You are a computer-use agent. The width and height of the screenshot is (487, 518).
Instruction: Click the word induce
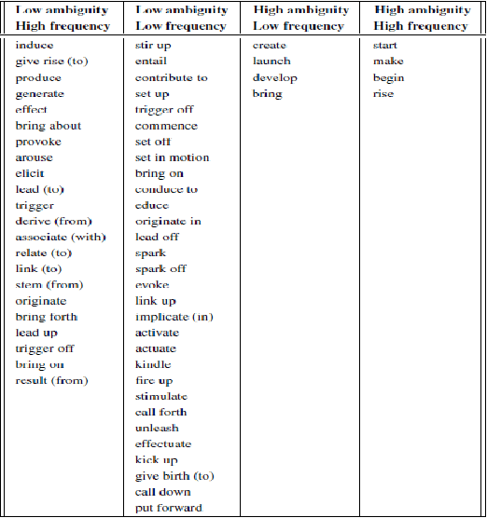[x=35, y=46]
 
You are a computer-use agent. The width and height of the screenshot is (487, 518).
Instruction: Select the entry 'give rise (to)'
[x=52, y=61]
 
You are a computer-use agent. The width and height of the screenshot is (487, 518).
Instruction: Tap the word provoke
[x=38, y=142]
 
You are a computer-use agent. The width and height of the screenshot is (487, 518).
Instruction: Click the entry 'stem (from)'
[x=49, y=285]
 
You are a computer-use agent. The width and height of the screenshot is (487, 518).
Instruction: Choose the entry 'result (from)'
[x=51, y=380]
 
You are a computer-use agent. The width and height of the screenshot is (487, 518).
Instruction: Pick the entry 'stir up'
[x=154, y=46]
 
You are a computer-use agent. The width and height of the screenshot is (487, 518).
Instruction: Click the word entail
[x=151, y=61]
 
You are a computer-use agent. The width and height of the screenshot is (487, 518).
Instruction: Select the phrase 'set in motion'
[x=172, y=157]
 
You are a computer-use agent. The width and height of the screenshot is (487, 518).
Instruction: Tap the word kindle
[x=153, y=364]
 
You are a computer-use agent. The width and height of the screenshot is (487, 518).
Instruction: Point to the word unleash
[x=157, y=428]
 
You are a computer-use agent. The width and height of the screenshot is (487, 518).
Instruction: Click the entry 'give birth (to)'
[x=174, y=476]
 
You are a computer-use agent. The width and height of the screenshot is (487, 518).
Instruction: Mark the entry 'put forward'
[x=168, y=508]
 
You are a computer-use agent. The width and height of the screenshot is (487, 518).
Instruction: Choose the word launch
[x=271, y=61]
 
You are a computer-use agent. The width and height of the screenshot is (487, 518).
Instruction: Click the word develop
[x=274, y=77]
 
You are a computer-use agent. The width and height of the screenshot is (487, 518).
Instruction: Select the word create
[x=270, y=46]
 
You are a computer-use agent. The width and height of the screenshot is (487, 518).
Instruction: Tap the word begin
[x=388, y=77]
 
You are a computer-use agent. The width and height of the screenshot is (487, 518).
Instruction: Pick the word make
[x=388, y=61]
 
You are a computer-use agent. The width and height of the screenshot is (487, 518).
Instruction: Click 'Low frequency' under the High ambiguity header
[x=300, y=26]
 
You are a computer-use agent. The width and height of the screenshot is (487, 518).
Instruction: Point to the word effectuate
[x=162, y=444]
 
